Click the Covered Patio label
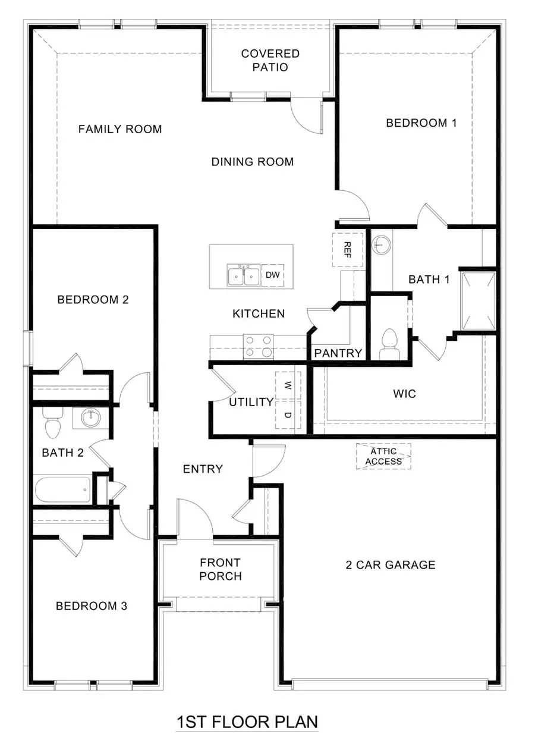coord(270,60)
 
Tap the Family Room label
coord(120,129)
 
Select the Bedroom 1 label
coord(421,123)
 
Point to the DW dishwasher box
coord(272,275)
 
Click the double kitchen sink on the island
coord(243,276)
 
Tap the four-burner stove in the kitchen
coord(259,346)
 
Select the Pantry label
coord(338,353)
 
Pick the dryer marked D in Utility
coord(288,415)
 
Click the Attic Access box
coord(383,457)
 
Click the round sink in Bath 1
coord(380,243)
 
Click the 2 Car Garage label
coord(391,565)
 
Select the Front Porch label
coord(220,569)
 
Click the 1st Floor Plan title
coord(247,722)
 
